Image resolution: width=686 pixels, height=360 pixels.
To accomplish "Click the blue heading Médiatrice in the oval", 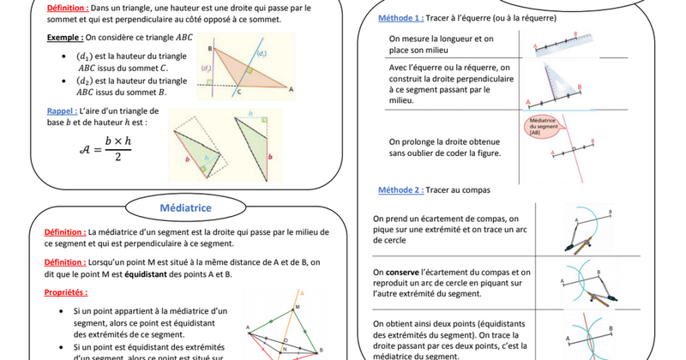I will click(186, 207).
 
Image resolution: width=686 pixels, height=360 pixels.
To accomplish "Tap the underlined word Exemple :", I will click(64, 38).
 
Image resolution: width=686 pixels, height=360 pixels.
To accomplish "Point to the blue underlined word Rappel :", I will click(63, 111).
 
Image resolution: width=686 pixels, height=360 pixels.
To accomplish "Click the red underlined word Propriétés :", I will click(66, 292).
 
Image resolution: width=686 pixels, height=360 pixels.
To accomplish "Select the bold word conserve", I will click(402, 272).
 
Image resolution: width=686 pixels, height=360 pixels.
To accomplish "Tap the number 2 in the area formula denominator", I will click(116, 157).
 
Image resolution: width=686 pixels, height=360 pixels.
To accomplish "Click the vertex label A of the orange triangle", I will click(291, 88).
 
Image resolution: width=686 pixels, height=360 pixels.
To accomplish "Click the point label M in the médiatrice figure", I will click(297, 306).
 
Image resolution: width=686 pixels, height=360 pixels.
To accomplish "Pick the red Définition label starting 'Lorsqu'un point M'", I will click(64, 262).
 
